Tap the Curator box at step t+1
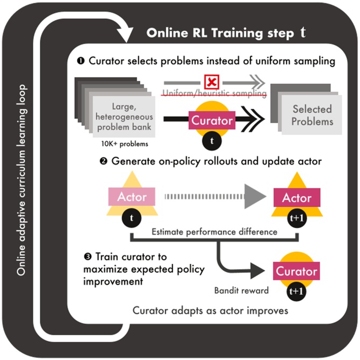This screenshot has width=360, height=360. (x=297, y=272)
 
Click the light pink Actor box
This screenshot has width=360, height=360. (x=132, y=197)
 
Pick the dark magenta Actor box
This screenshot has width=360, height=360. (x=297, y=198)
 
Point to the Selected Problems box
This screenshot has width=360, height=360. (x=313, y=115)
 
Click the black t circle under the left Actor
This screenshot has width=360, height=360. (x=132, y=218)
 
